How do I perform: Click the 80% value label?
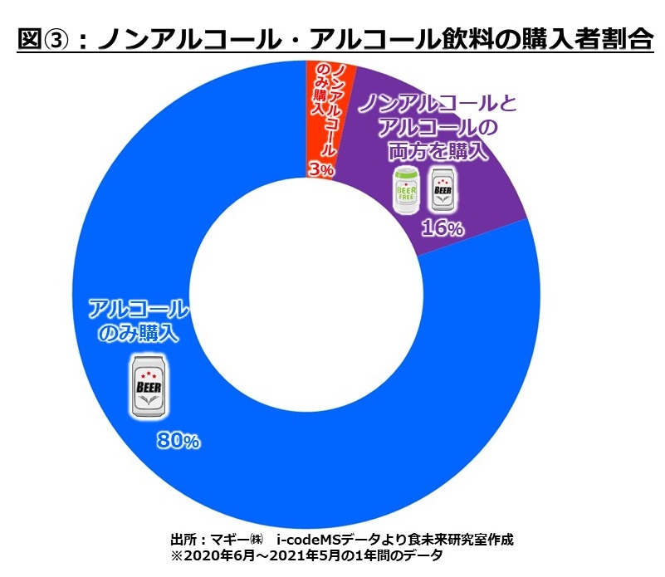(x=178, y=441)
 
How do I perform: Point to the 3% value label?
(x=320, y=169)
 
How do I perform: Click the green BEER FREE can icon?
(x=406, y=190)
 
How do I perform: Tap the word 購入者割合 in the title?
(x=578, y=39)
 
